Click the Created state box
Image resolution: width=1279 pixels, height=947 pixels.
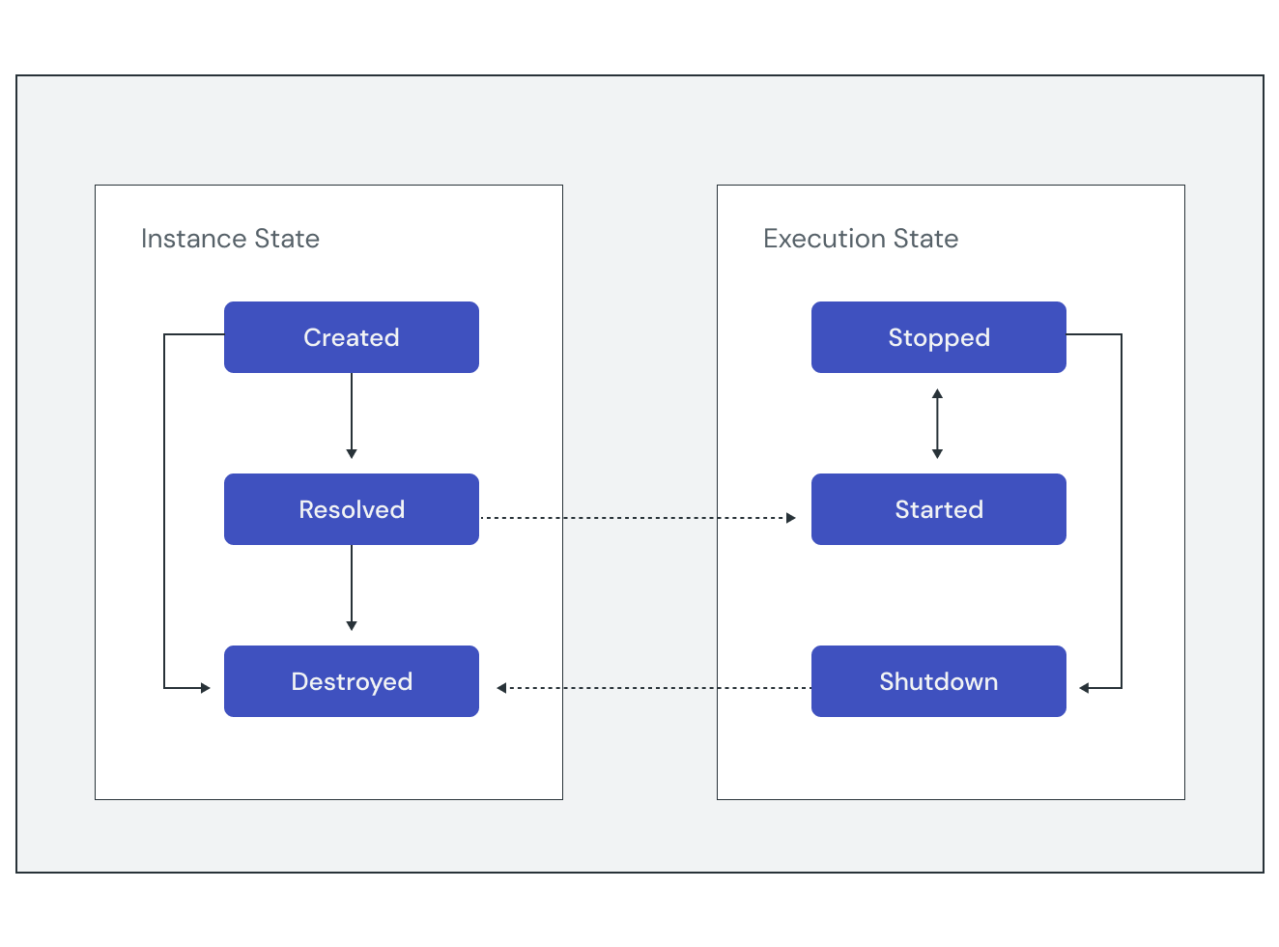[x=351, y=337]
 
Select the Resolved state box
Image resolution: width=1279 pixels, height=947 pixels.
[x=351, y=509]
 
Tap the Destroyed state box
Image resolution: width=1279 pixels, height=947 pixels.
[x=351, y=681]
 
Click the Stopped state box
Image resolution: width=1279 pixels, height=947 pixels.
[x=938, y=337]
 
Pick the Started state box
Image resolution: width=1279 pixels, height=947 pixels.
[x=938, y=509]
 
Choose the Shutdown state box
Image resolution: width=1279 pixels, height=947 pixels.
[x=938, y=681]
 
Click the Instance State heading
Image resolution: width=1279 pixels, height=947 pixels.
[x=230, y=239]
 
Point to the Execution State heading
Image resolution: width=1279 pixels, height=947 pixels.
[x=860, y=239]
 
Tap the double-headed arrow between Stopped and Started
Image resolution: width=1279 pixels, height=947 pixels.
[x=937, y=423]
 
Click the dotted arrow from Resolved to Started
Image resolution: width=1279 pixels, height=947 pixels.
[x=638, y=518]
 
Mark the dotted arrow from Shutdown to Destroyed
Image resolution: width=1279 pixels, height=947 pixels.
[x=657, y=688]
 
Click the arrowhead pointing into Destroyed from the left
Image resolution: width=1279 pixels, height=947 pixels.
[x=205, y=688]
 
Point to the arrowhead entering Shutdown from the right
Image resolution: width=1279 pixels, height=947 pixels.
[x=1084, y=688]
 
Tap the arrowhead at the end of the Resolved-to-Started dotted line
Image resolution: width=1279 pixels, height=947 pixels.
[x=790, y=518]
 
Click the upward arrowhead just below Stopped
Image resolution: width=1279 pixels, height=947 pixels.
[x=937, y=393]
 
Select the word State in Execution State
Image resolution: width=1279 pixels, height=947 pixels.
[x=925, y=239]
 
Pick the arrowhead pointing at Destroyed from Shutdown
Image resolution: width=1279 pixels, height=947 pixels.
[x=501, y=688]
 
